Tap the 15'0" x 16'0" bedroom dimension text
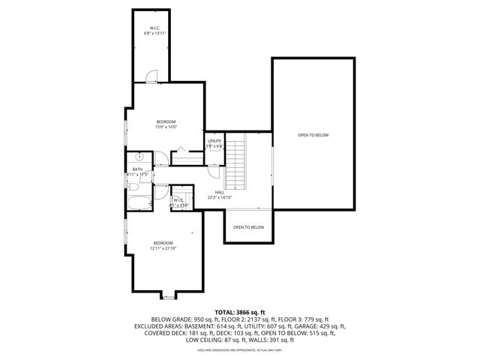(x=166, y=127)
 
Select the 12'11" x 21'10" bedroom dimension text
(x=163, y=248)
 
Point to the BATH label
(x=137, y=169)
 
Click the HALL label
(x=220, y=192)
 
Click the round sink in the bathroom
(x=139, y=157)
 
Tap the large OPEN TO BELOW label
(x=313, y=135)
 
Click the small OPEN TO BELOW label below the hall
(x=248, y=227)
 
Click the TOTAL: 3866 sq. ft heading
(x=239, y=311)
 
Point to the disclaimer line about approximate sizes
(x=239, y=349)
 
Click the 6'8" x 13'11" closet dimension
(x=154, y=34)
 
